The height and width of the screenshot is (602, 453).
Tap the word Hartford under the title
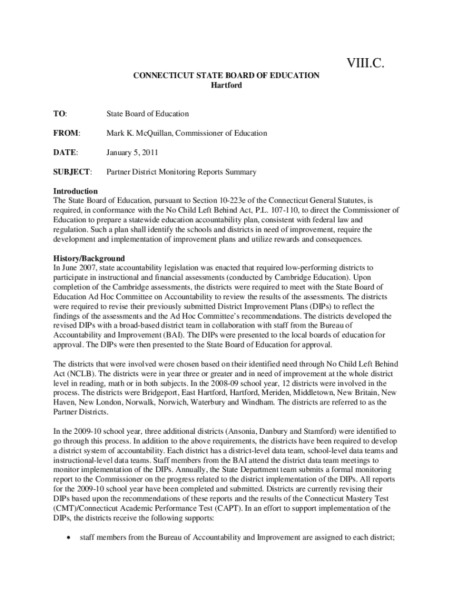(x=226, y=85)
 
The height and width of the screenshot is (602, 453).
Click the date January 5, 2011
(x=132, y=152)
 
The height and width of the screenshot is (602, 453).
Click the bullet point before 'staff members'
(x=71, y=536)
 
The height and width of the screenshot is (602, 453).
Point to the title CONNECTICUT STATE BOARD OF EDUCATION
(x=226, y=75)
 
